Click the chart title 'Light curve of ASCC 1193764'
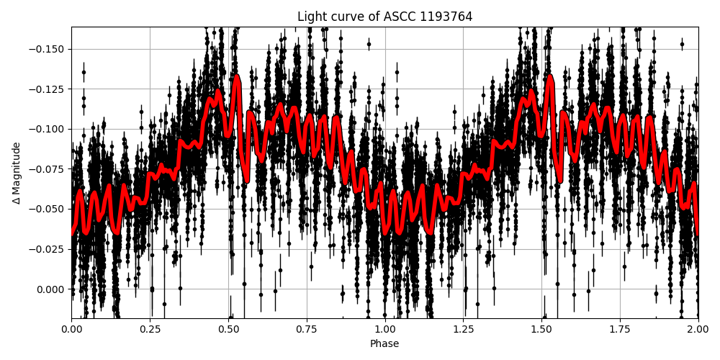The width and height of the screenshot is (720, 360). click(384, 17)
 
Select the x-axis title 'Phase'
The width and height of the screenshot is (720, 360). click(384, 344)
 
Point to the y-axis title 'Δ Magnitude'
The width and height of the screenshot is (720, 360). click(17, 173)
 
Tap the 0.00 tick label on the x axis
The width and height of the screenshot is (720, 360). click(71, 329)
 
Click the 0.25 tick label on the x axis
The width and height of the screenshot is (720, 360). click(150, 329)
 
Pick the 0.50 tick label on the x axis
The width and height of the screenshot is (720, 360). click(228, 329)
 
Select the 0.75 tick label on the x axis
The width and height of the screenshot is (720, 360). click(307, 329)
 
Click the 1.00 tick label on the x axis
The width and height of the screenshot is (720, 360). click(384, 329)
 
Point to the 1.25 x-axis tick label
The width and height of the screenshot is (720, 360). click(463, 329)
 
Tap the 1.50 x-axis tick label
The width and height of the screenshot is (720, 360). click(541, 329)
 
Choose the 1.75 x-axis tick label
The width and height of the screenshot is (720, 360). click(620, 329)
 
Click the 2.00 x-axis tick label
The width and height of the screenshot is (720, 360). click(698, 329)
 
